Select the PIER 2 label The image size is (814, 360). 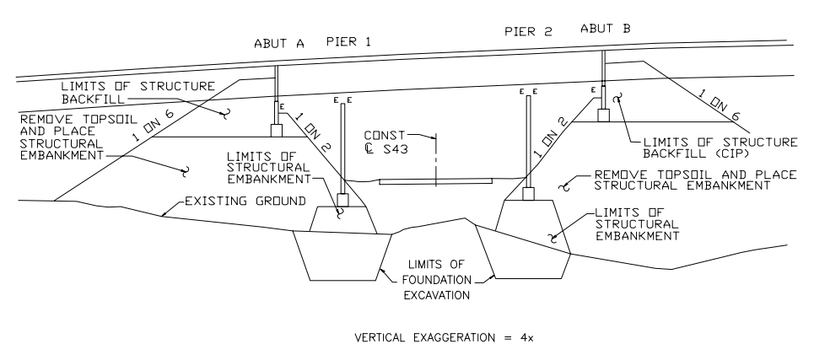[528, 33]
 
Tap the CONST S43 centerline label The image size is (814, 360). [396, 143]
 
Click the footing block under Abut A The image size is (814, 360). [276, 131]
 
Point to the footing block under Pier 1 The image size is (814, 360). [342, 201]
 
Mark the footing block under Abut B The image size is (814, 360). [602, 116]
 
